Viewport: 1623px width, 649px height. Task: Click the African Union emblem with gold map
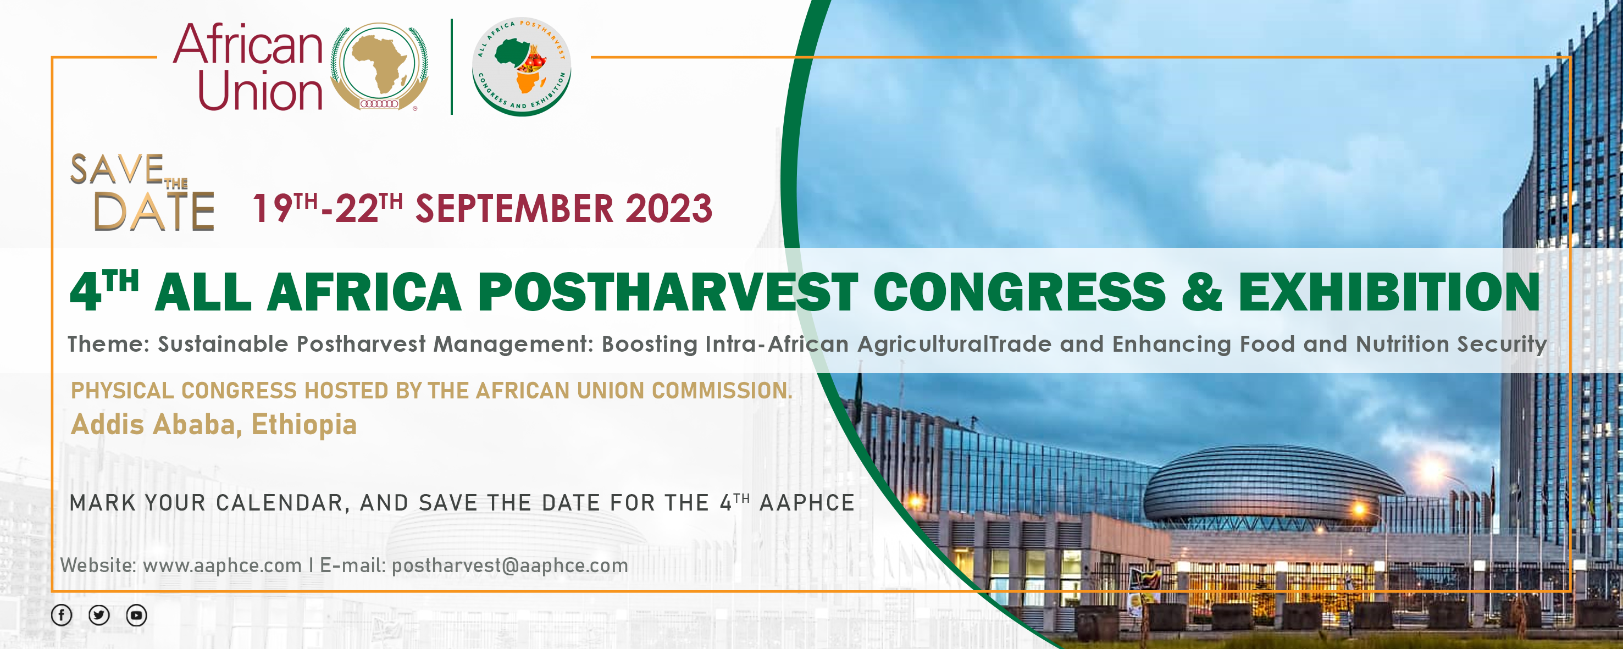[x=379, y=67]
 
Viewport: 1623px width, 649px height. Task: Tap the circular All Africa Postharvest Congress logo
[x=522, y=67]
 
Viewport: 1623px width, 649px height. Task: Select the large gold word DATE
[x=154, y=211]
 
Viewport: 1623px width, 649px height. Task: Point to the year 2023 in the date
[x=668, y=209]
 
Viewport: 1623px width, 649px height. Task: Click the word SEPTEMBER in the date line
[x=514, y=209]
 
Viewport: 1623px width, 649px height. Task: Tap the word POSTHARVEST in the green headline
[x=668, y=292]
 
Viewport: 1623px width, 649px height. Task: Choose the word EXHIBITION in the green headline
[x=1389, y=292]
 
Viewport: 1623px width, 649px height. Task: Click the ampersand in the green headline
[x=1202, y=292]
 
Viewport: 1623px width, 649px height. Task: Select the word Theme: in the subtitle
[x=109, y=344]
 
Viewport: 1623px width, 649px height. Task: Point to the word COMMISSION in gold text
[x=722, y=391]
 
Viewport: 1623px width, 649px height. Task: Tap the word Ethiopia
[x=304, y=425]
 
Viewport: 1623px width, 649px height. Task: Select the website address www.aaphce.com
[x=223, y=565]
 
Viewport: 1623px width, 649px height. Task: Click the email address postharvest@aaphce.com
[x=509, y=566]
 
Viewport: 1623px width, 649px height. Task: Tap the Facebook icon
[x=62, y=615]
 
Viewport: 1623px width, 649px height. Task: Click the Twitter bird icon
[x=99, y=615]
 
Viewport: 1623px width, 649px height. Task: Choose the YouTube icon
[x=137, y=615]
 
